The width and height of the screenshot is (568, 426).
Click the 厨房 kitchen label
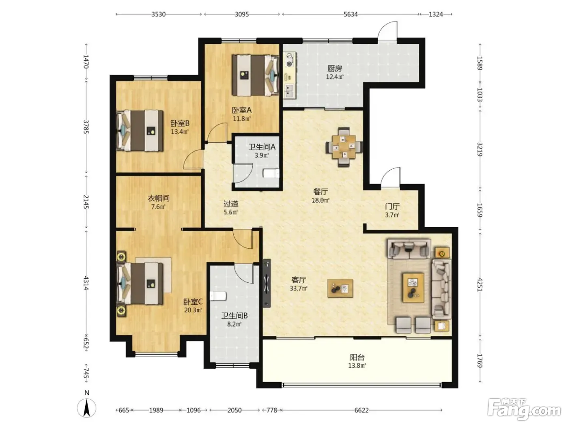point(335,69)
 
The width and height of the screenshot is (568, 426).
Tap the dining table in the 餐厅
point(344,146)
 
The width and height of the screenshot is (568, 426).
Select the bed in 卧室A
point(255,75)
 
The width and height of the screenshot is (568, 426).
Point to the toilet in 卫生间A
point(271,173)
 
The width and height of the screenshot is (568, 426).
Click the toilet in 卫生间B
point(218,296)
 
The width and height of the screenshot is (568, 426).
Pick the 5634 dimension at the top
point(351,14)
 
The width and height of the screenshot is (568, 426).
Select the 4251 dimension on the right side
point(480,284)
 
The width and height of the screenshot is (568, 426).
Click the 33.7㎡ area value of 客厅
point(298,288)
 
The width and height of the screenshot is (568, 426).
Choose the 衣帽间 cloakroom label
point(158,198)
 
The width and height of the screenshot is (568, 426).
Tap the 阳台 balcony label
point(357,357)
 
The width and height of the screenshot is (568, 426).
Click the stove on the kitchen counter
point(290,60)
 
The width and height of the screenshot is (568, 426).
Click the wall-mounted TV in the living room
point(267,283)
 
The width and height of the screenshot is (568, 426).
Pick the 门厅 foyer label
point(392,207)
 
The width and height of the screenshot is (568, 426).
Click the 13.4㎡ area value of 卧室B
point(180,131)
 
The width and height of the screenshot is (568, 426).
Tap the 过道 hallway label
point(231,204)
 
